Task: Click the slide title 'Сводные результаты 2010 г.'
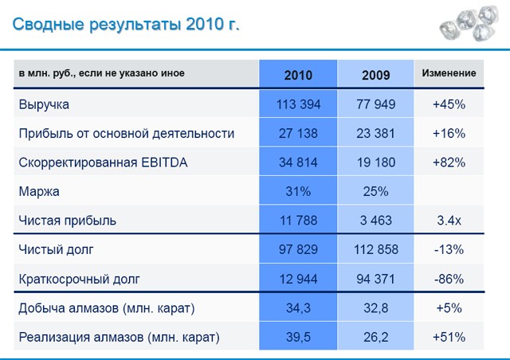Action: click(x=126, y=25)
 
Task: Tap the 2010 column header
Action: click(x=298, y=75)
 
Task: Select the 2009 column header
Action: click(x=375, y=75)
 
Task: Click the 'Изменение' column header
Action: click(x=449, y=74)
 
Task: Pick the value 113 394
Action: click(x=298, y=104)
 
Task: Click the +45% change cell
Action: click(x=449, y=104)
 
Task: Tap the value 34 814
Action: click(x=298, y=162)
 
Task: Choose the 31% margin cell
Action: click(x=298, y=191)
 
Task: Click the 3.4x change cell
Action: click(x=449, y=221)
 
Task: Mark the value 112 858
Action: click(x=375, y=250)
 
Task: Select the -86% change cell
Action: click(x=449, y=279)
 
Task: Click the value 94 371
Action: click(x=375, y=279)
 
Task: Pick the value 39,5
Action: click(x=298, y=338)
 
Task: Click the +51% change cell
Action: click(x=449, y=338)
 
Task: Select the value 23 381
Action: click(x=375, y=133)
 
